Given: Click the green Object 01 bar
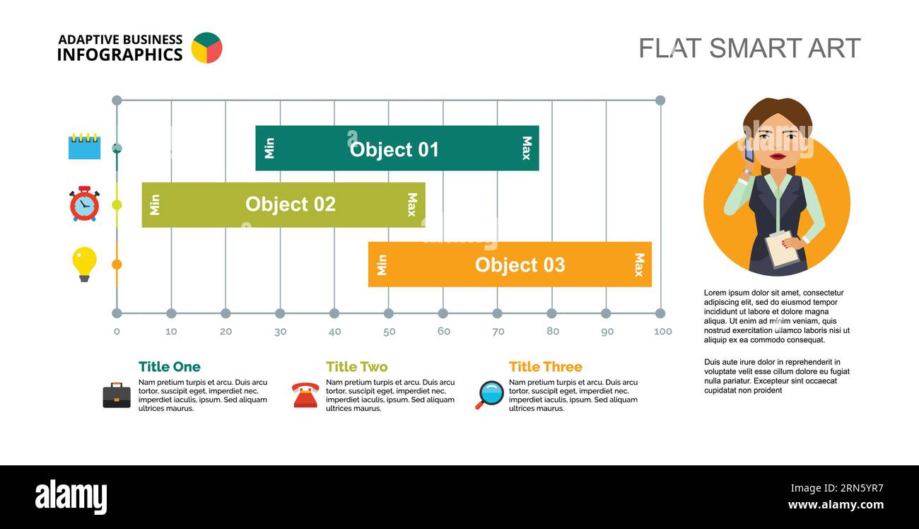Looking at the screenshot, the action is [x=397, y=149].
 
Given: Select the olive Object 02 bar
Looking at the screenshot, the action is [x=283, y=204].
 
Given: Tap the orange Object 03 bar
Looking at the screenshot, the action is [x=510, y=264].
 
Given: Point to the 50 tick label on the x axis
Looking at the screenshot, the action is [x=389, y=332].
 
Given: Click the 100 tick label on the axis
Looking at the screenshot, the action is [x=662, y=332].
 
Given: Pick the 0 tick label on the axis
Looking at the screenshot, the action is [x=117, y=332].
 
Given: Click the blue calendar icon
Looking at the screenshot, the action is [x=84, y=146].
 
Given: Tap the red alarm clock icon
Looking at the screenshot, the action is [x=84, y=204].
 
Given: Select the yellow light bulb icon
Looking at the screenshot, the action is [x=84, y=264].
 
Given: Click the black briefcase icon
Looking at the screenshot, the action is [x=117, y=395].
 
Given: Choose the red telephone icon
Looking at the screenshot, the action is [x=305, y=395].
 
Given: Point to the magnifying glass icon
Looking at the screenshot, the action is [x=489, y=395].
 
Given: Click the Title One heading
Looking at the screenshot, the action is [x=169, y=366].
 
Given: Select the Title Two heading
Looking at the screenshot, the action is [x=356, y=366].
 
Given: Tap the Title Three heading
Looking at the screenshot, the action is [x=545, y=366].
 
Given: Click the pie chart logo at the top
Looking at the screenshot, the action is [x=206, y=48].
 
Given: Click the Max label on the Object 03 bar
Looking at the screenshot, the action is [x=639, y=264].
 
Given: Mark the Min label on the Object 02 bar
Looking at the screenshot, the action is [x=155, y=204].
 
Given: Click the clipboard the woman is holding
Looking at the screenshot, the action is [x=782, y=248].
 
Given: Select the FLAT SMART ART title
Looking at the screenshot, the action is [x=749, y=48].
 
